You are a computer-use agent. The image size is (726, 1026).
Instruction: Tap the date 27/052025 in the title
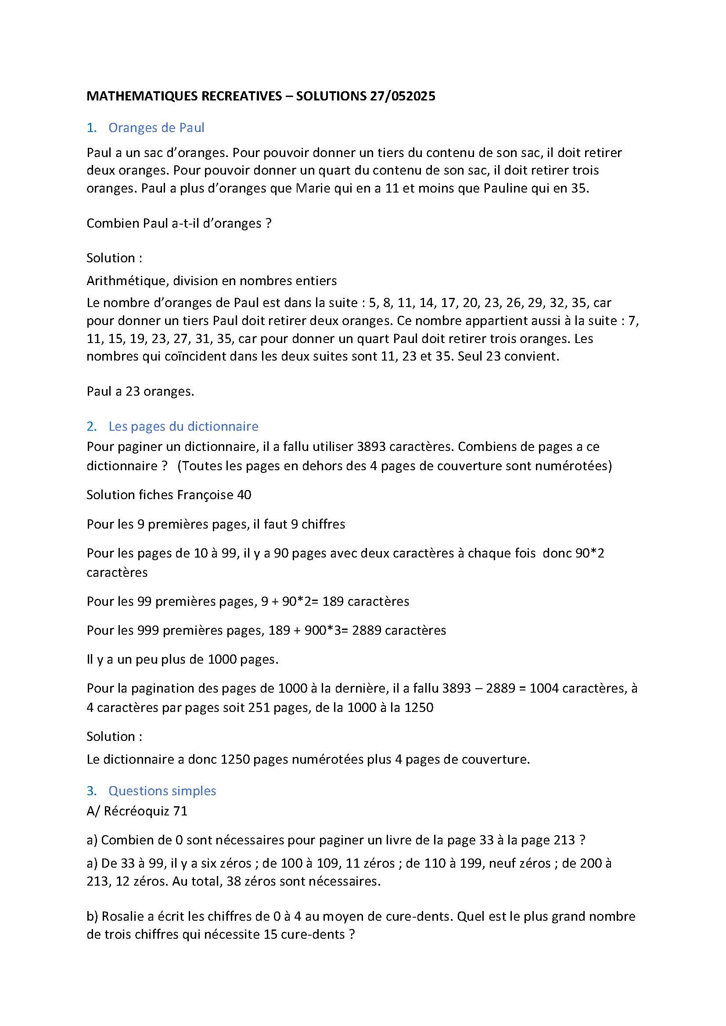click(x=403, y=96)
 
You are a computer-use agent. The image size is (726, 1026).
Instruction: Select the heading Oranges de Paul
click(x=156, y=128)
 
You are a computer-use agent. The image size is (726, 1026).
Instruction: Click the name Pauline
click(x=505, y=188)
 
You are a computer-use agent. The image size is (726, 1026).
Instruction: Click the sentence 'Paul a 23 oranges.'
click(x=140, y=391)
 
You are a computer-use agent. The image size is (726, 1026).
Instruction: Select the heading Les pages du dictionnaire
click(x=183, y=426)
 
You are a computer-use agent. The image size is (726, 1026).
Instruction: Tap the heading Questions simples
click(x=162, y=791)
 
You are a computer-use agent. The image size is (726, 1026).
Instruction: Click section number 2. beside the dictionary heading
click(x=92, y=426)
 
